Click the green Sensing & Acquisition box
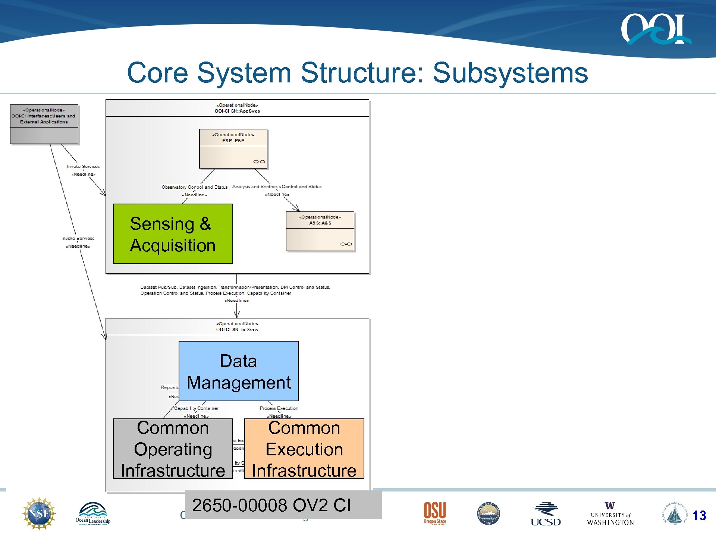click(173, 234)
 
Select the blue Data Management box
click(238, 371)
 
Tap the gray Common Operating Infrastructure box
click(173, 449)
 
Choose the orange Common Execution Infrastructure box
click(304, 449)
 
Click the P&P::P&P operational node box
click(233, 149)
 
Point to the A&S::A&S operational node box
click(320, 231)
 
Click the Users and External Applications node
click(44, 124)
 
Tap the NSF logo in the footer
click(39, 514)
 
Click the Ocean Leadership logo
click(93, 514)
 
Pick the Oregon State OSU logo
click(434, 513)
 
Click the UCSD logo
click(545, 515)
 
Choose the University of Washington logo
click(610, 514)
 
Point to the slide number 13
click(699, 516)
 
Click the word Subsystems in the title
click(510, 73)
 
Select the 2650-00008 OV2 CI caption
click(271, 505)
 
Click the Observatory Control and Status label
click(194, 187)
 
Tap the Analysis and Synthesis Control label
click(277, 186)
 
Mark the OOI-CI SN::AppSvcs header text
click(237, 111)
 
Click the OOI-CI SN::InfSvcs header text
click(237, 330)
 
